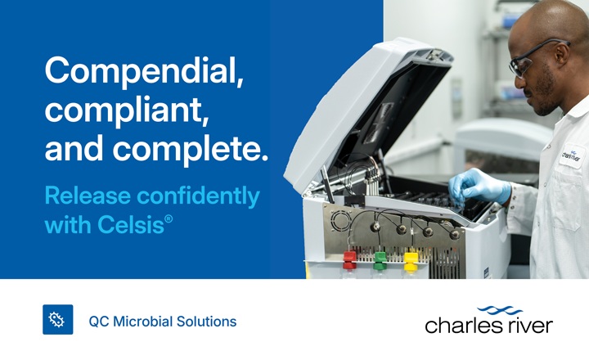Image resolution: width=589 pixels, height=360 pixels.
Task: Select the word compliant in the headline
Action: point(126,111)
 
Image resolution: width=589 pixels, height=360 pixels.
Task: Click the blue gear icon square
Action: point(57,320)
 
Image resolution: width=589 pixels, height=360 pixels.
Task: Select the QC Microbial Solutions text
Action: point(162,322)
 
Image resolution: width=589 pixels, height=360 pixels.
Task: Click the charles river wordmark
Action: point(488,325)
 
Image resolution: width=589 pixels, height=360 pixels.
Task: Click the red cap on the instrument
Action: point(349,259)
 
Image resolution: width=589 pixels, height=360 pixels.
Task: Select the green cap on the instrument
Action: point(380,259)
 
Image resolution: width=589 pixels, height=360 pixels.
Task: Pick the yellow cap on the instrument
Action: point(411,259)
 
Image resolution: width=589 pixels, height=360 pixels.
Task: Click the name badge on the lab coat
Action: point(570,155)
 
